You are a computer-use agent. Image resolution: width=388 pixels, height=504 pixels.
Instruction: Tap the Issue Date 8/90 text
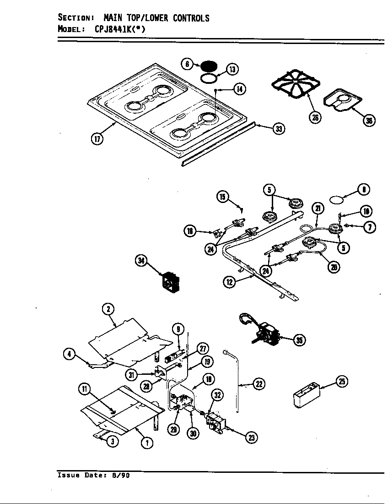click(x=93, y=475)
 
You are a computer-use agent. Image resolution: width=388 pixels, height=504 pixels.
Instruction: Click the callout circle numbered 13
click(x=232, y=70)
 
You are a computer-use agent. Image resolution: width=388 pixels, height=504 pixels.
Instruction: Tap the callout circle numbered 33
click(x=278, y=129)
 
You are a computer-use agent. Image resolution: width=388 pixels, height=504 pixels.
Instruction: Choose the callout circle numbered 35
click(x=299, y=340)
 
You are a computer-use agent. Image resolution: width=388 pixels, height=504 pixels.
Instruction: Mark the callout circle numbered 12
click(x=229, y=282)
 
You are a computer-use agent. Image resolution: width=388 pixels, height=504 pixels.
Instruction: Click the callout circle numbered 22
click(x=259, y=384)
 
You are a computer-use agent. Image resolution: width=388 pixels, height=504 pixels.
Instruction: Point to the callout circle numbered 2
click(x=108, y=309)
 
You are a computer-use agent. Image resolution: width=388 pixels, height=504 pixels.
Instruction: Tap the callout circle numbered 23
click(x=251, y=438)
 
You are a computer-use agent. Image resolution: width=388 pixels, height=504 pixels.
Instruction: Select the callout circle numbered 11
click(x=85, y=389)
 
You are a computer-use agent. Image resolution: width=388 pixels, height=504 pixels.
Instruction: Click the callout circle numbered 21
click(x=318, y=208)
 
